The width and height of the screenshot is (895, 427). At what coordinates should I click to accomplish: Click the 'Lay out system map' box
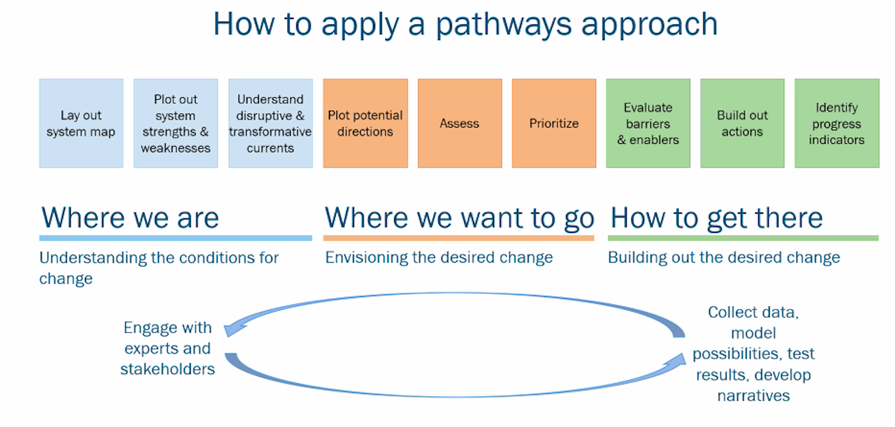pyautogui.click(x=81, y=124)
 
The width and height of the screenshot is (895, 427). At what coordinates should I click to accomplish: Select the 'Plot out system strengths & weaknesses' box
pyautogui.click(x=176, y=124)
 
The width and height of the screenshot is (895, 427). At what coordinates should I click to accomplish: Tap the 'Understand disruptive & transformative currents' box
pyautogui.click(x=270, y=124)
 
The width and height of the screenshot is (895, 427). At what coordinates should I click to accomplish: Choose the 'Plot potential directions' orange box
pyautogui.click(x=366, y=124)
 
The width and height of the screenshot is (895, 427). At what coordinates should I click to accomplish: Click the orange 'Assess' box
pyautogui.click(x=460, y=124)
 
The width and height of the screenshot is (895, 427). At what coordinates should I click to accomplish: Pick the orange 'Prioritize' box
pyautogui.click(x=554, y=124)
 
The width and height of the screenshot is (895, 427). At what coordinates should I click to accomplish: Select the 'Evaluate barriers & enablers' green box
pyautogui.click(x=648, y=124)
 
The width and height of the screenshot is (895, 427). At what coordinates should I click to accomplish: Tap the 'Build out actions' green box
pyautogui.click(x=742, y=124)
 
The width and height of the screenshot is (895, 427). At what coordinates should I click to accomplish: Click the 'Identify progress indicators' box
pyautogui.click(x=837, y=124)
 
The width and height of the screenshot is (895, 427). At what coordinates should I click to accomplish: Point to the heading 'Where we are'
pyautogui.click(x=130, y=218)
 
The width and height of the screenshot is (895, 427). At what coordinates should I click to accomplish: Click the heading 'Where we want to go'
pyautogui.click(x=459, y=219)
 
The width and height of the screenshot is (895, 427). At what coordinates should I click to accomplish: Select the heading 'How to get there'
pyautogui.click(x=717, y=219)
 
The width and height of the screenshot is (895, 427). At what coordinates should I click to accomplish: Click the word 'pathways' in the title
pyautogui.click(x=504, y=24)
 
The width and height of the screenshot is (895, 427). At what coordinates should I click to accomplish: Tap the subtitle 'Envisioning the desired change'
pyautogui.click(x=439, y=258)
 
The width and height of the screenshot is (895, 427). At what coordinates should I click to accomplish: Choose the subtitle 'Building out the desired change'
pyautogui.click(x=724, y=258)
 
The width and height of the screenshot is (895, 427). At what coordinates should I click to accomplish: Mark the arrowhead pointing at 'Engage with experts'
pyautogui.click(x=234, y=330)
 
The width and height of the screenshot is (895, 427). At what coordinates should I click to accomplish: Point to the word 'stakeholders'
pyautogui.click(x=167, y=369)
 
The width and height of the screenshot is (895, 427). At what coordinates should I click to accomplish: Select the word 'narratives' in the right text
pyautogui.click(x=754, y=396)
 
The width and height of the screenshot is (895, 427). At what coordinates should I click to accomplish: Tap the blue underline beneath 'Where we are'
pyautogui.click(x=176, y=238)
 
